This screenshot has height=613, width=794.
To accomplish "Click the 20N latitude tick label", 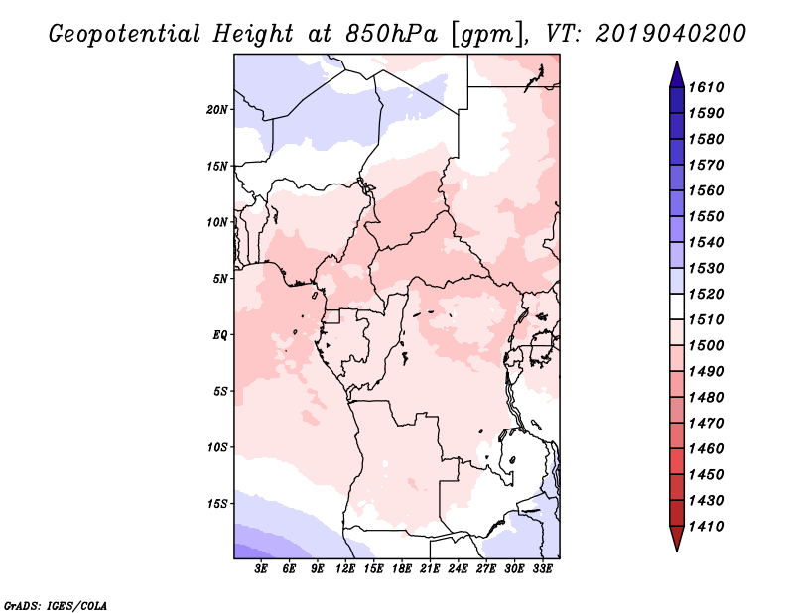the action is pos(217,110).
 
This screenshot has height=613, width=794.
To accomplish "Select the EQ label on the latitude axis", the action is pos(220,335).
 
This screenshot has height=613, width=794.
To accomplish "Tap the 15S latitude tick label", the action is pos(217,504).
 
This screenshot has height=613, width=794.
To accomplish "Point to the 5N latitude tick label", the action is pos(220,279).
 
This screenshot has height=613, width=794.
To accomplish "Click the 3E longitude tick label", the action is pos(261,569).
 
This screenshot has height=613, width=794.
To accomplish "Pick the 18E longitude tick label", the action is pos(402,569).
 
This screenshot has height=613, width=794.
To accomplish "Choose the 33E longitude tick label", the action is pos(542,569).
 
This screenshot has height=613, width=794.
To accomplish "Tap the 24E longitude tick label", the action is pos(458,569).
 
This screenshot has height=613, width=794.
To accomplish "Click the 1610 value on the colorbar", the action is pos(706,87).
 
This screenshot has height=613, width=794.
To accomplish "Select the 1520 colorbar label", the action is pos(706,294).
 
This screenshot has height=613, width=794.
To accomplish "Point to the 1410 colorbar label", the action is pos(706,527).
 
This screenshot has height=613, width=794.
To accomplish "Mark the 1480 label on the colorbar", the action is pos(706,398).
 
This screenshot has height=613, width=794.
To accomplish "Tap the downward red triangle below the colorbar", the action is pos(677,537).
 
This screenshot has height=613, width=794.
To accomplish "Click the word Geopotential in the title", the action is pos(125,34).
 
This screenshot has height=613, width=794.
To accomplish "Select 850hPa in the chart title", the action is pos(391,34).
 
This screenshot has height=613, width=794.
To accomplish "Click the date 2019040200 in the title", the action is pos(671,34).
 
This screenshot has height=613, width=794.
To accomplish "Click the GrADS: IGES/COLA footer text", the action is pos(56,606).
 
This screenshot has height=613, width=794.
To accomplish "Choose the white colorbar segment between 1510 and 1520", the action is pos(677,306).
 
